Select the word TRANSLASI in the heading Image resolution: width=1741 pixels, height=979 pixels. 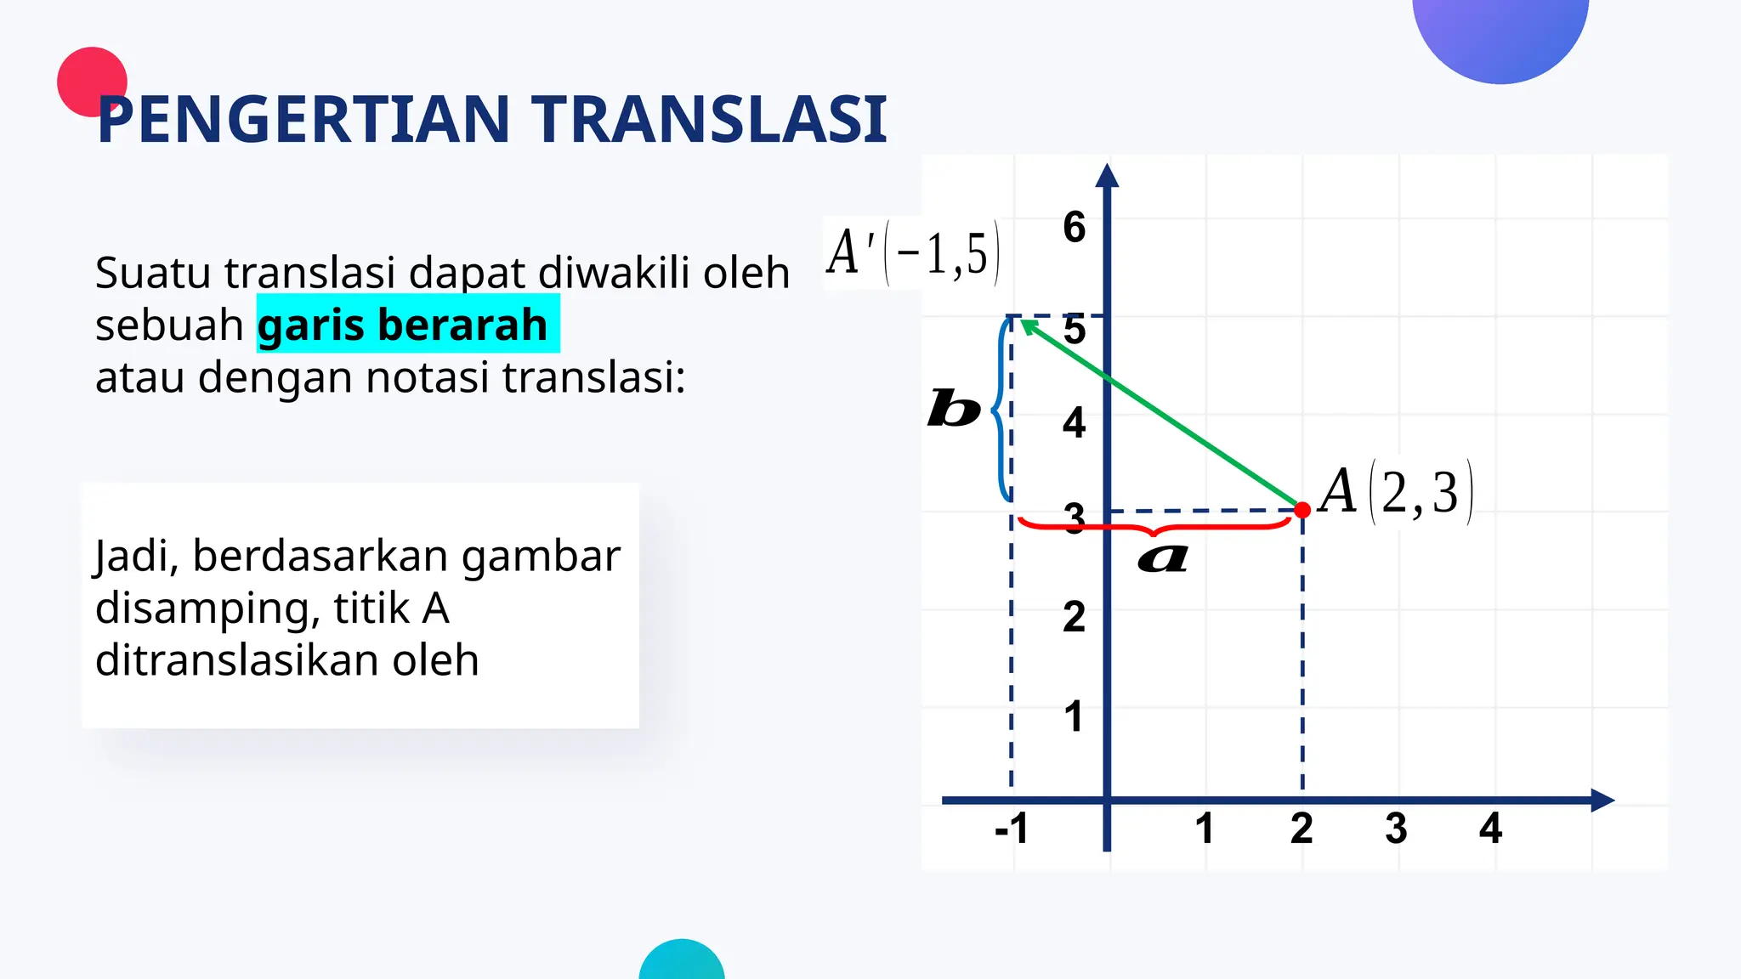710,119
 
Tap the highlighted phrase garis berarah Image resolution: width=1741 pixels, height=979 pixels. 403,325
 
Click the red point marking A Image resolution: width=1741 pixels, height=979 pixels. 1302,510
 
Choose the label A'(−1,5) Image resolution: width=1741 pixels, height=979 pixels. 912,253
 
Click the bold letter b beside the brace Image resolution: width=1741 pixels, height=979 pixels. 953,409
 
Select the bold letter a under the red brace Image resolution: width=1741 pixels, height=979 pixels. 1163,558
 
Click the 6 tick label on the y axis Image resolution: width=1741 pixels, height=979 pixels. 1075,228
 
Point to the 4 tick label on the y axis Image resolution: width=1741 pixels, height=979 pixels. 1075,423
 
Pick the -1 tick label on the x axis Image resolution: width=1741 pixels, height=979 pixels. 1012,828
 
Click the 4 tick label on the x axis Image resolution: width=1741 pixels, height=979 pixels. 1490,828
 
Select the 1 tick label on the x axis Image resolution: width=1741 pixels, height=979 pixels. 1204,828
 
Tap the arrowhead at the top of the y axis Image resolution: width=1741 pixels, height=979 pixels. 1107,175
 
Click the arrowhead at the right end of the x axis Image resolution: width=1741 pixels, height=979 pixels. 1602,800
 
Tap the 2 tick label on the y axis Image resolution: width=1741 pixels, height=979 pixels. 1075,617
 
